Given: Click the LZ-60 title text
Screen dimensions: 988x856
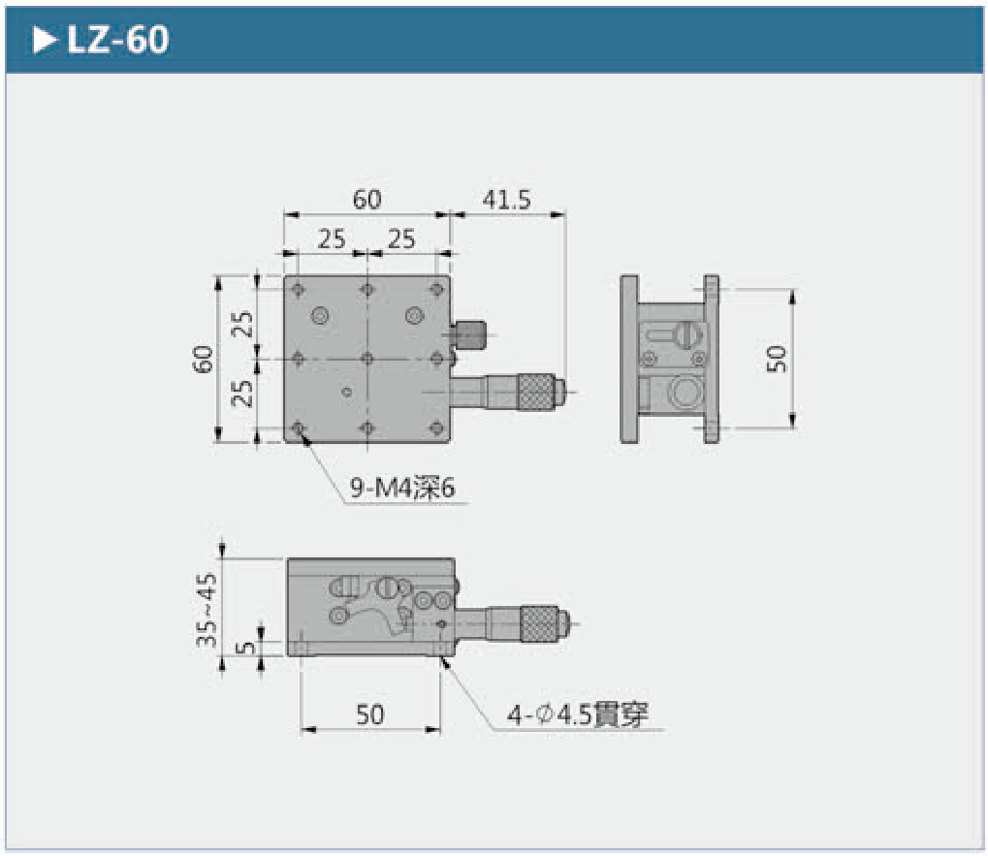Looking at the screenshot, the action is tap(118, 40).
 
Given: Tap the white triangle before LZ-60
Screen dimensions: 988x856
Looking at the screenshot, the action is tap(44, 41).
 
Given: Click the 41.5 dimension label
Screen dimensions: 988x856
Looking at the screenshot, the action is tap(506, 200).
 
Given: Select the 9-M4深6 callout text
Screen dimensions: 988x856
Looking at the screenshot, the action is tap(402, 488).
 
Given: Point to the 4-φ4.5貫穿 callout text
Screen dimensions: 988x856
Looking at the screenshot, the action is tap(578, 714).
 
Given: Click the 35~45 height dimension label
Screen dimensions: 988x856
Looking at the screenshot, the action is tap(207, 610).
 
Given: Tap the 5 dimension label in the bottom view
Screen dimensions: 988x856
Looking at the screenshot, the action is tap(246, 647).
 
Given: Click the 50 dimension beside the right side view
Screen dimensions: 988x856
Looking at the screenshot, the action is tap(777, 359).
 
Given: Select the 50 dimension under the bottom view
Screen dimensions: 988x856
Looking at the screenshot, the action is tap(369, 714).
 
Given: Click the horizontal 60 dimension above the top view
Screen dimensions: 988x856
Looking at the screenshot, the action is tap(367, 200).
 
